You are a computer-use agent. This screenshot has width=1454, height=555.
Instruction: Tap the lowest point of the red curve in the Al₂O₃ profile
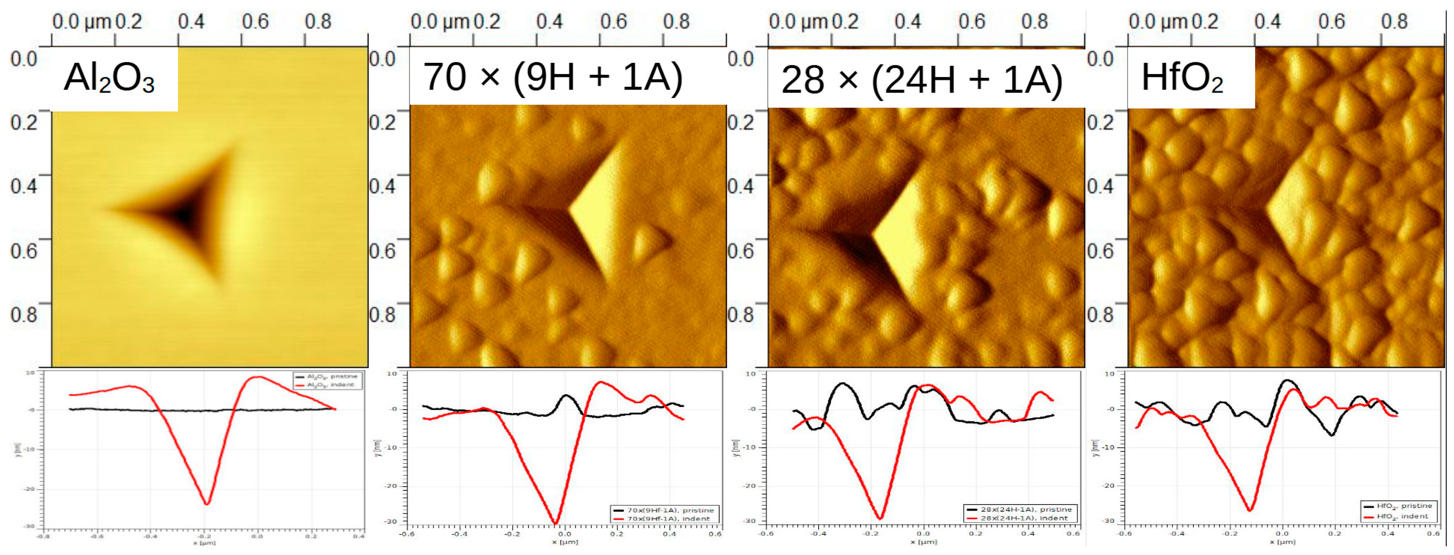(207, 504)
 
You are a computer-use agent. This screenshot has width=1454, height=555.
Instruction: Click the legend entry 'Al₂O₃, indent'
(330, 385)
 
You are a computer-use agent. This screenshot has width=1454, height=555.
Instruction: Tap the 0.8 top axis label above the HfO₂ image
(1394, 22)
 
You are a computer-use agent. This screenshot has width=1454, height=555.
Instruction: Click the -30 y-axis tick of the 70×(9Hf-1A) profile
(391, 521)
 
